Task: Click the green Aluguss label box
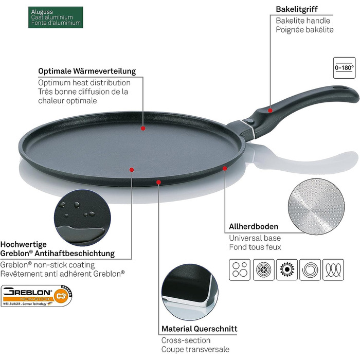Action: pos(56,17)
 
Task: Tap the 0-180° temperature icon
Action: pos(344,67)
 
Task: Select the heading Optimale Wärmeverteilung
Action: pos(87,71)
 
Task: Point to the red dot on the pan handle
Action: pos(271,108)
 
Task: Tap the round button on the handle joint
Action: pos(250,119)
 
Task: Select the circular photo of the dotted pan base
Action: pos(311,201)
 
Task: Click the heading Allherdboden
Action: pos(254,226)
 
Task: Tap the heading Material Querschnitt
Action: pos(200,329)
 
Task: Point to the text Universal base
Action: pos(255,238)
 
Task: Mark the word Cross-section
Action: pos(186,340)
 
